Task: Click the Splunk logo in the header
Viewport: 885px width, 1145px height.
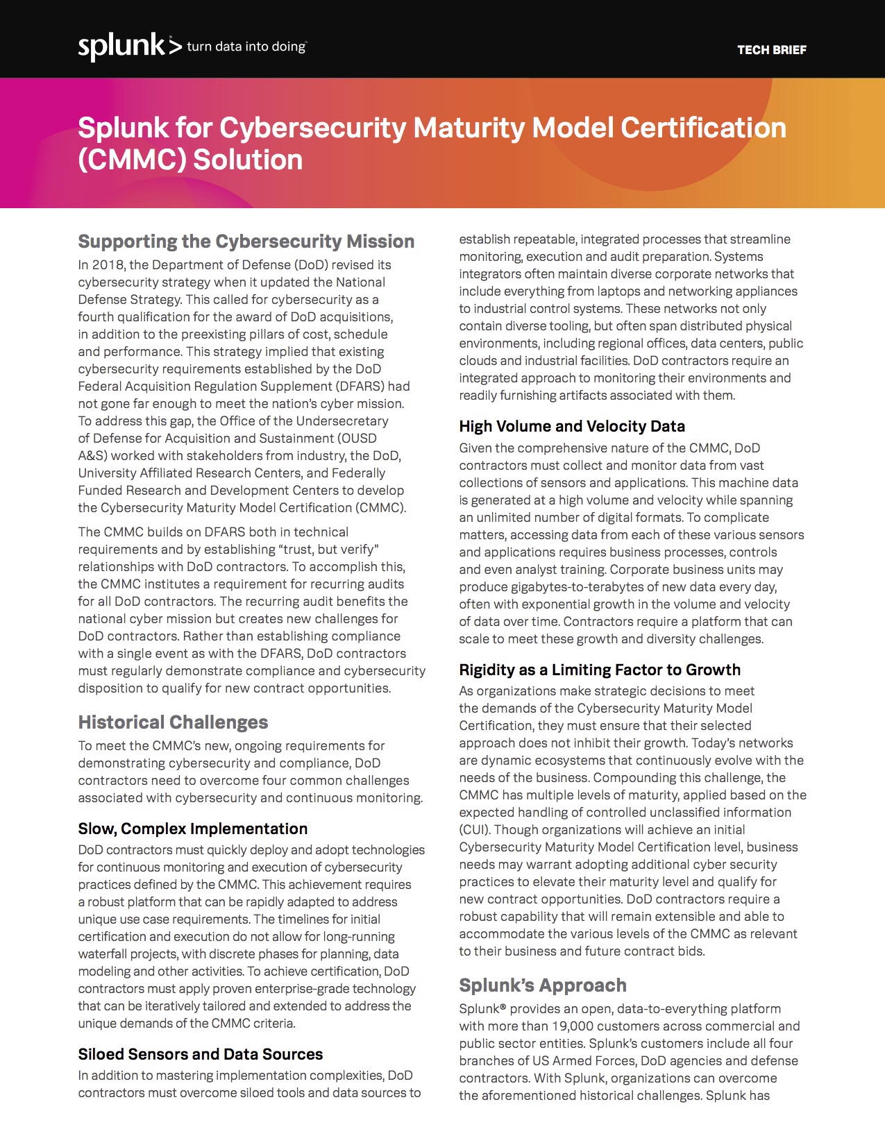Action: click(121, 46)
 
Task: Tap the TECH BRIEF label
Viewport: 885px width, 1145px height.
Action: click(771, 50)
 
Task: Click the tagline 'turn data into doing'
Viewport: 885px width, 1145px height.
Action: click(246, 46)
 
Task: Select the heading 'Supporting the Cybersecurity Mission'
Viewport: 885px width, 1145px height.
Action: click(246, 241)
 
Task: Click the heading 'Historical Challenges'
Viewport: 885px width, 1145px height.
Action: click(173, 722)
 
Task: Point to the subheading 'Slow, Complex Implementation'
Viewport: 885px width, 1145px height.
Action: click(192, 829)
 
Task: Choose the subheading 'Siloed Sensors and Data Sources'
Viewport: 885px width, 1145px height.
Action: click(200, 1054)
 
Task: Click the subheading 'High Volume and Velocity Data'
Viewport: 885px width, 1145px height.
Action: click(571, 426)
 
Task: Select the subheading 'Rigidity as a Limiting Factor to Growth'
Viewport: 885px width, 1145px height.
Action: click(599, 670)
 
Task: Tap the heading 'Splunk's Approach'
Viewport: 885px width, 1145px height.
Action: click(542, 985)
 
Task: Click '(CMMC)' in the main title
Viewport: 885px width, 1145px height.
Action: click(132, 160)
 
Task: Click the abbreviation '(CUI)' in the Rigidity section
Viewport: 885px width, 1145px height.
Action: click(474, 830)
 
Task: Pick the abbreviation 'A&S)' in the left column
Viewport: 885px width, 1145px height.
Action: click(92, 456)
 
